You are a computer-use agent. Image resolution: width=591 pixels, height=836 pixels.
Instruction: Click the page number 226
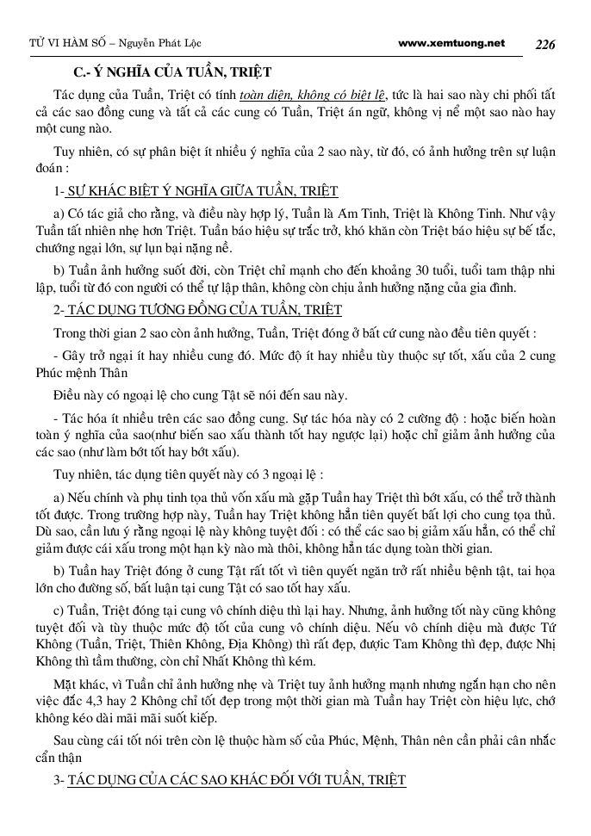[546, 45]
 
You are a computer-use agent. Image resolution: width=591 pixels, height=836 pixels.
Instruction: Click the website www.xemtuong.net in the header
[452, 43]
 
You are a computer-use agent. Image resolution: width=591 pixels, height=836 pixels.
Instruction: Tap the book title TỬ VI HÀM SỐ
[53, 44]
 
